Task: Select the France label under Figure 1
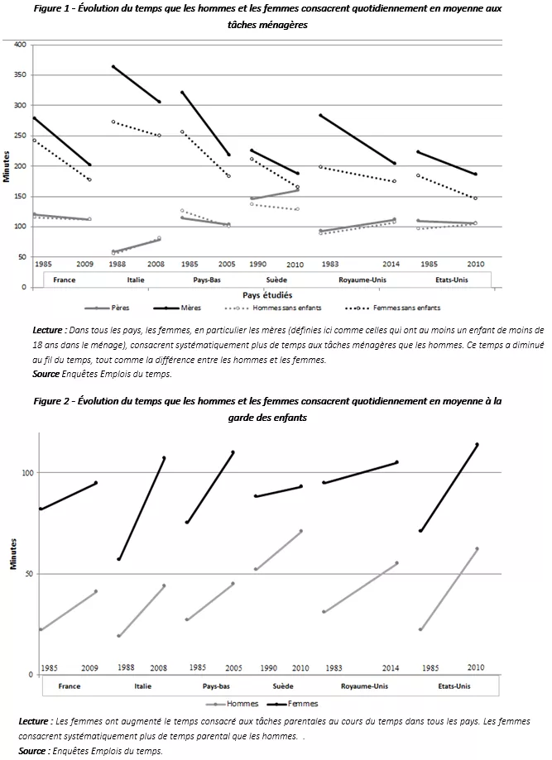point(65,280)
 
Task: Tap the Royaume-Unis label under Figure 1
point(356,280)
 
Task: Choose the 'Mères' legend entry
point(191,308)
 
